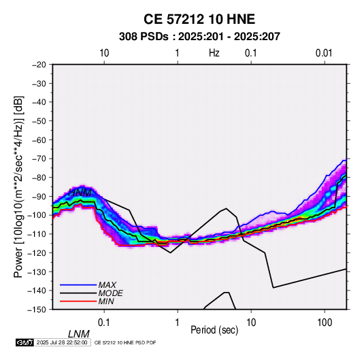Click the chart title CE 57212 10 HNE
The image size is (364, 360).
(x=199, y=19)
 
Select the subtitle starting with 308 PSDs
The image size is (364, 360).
(x=199, y=37)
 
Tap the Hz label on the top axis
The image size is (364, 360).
(x=214, y=53)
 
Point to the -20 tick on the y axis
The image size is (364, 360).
(x=39, y=65)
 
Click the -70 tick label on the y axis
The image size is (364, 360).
(x=39, y=159)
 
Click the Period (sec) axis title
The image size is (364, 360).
(x=214, y=330)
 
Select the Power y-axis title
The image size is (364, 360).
(x=18, y=186)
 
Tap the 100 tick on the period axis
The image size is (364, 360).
(x=325, y=323)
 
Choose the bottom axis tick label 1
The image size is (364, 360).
(x=178, y=323)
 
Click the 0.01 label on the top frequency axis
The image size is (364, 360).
(x=324, y=53)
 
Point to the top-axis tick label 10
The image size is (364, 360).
(x=104, y=53)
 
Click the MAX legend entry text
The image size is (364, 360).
(x=107, y=285)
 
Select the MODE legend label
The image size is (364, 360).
(x=110, y=293)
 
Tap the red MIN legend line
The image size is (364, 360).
(x=78, y=301)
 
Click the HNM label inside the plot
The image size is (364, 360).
(x=80, y=193)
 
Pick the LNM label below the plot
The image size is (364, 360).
(x=78, y=334)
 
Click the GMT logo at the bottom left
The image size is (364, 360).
(x=25, y=342)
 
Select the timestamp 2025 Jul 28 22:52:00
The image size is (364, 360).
(x=62, y=342)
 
